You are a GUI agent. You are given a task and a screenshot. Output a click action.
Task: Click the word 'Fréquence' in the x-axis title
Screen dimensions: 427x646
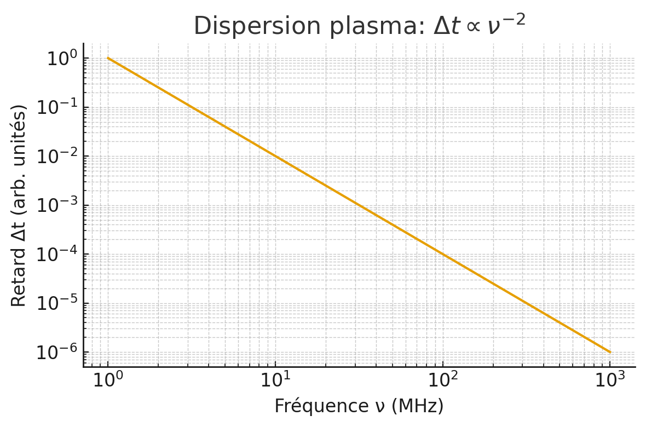[314, 406]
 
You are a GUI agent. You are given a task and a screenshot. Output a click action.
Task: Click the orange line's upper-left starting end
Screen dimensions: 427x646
[108, 58]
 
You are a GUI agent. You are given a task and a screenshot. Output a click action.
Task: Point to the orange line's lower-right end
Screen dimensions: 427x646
[610, 352]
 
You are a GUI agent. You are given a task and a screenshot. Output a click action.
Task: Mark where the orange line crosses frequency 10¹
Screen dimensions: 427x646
[275, 156]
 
